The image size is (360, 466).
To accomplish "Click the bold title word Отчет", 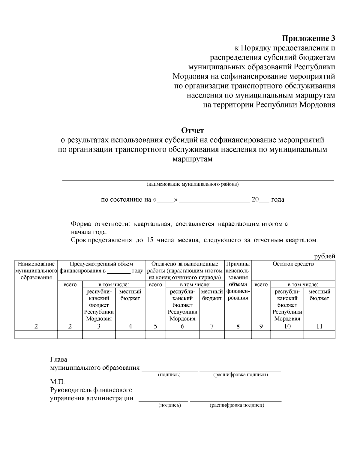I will click(192, 131).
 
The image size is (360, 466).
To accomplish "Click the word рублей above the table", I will click(324, 256).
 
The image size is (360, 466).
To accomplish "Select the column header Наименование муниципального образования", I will click(36, 271).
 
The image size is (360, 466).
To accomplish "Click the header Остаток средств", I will click(293, 264).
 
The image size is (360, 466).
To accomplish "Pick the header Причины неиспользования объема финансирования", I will click(238, 281).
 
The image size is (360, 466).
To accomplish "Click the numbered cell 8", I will click(238, 326).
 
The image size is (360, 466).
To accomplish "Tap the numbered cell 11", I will click(319, 326).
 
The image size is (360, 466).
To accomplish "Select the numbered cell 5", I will click(155, 326).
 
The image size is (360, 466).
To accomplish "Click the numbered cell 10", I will click(287, 326).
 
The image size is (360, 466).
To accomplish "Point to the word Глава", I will click(58, 359).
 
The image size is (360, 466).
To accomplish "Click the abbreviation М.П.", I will click(57, 383).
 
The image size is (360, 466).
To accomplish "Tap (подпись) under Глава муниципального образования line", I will click(169, 375).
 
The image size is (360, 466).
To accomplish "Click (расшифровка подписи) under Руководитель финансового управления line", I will click(237, 405).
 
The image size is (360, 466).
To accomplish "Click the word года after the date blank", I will click(277, 200).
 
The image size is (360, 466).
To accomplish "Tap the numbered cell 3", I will click(99, 326).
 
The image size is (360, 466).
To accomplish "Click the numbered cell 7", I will click(211, 326).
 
